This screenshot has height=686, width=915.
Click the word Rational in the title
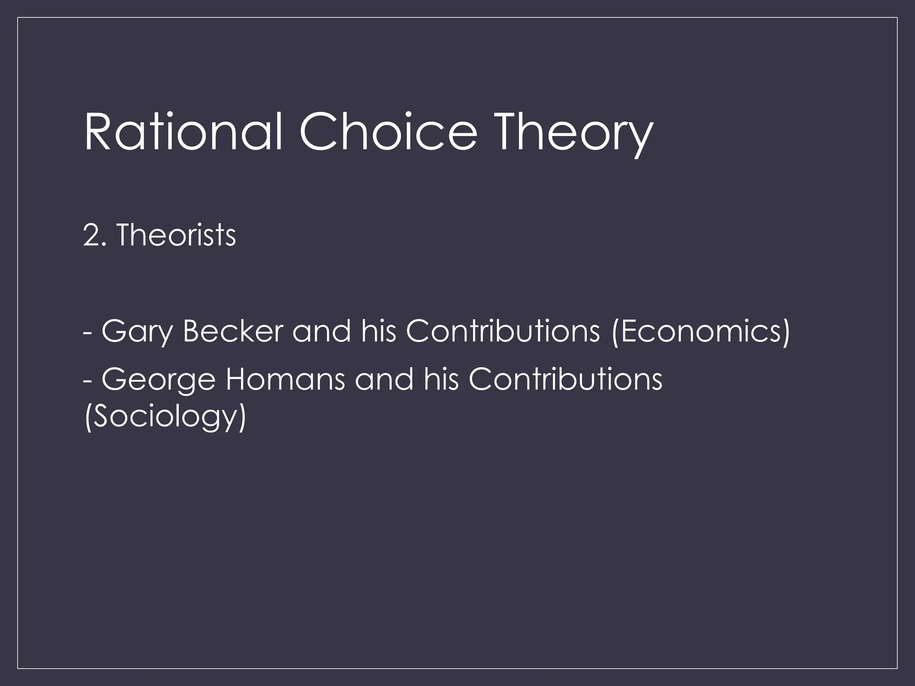(x=183, y=133)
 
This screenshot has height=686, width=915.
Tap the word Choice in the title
(x=388, y=133)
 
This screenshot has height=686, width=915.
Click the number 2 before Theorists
(x=91, y=235)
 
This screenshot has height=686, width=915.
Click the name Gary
(x=137, y=332)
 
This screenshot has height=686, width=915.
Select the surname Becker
(x=233, y=331)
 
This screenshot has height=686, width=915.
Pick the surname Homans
(x=285, y=379)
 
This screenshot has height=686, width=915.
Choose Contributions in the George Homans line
(x=565, y=379)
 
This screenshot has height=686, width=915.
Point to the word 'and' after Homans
(x=384, y=379)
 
